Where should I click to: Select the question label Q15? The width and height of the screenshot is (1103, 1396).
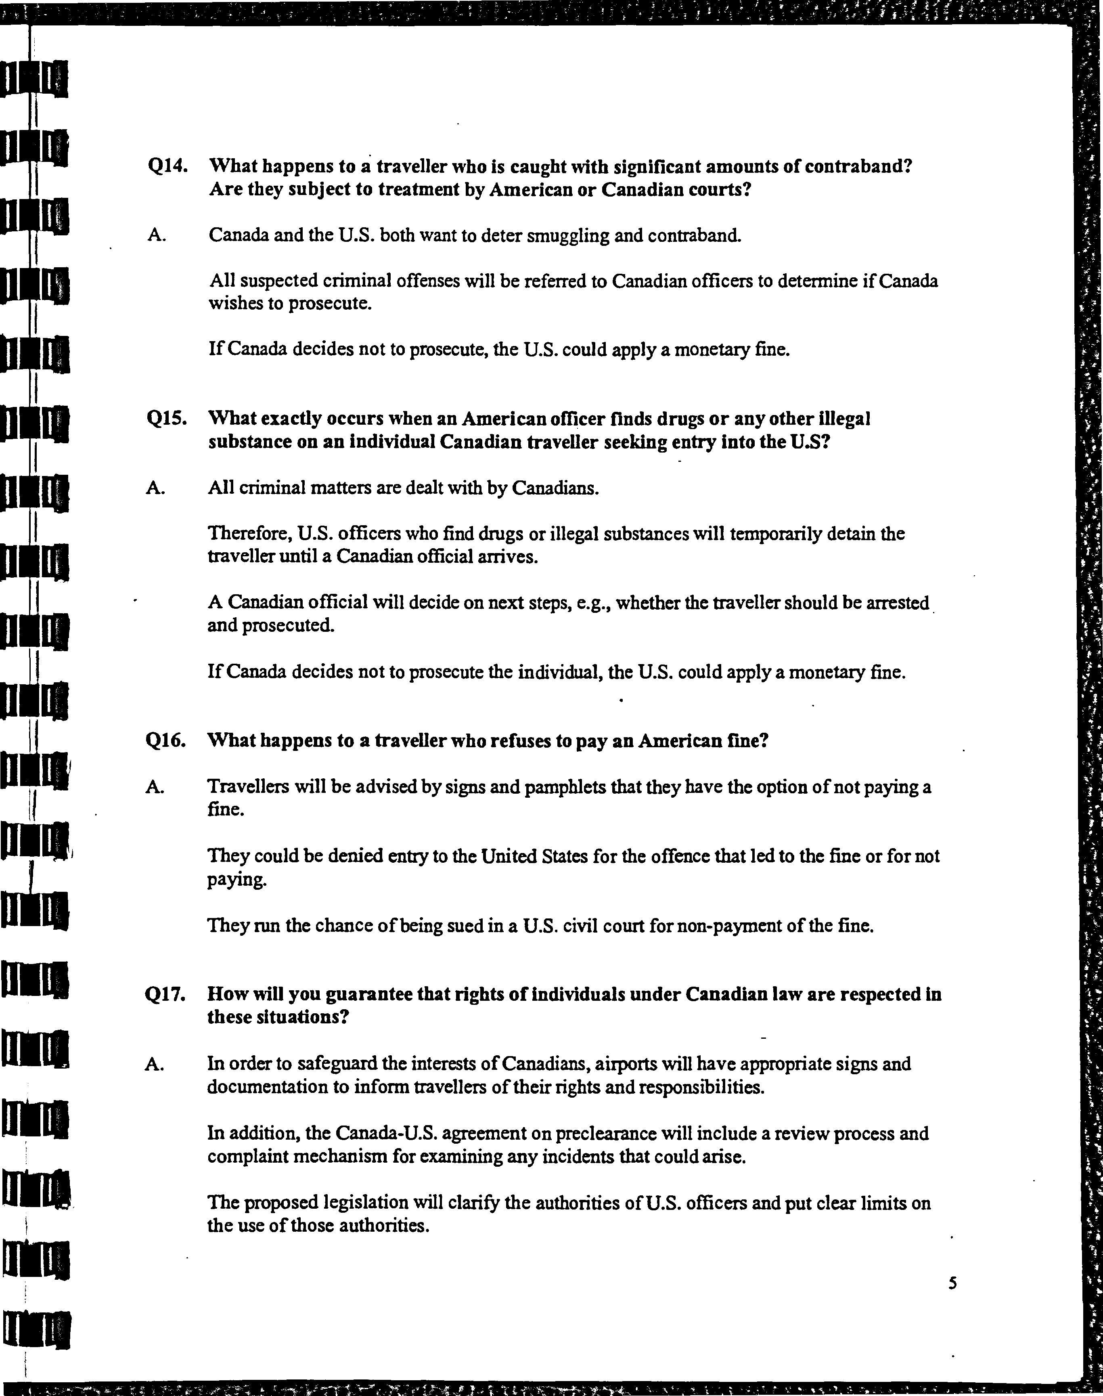[167, 419]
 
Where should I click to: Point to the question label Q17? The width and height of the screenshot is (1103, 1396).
[166, 994]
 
